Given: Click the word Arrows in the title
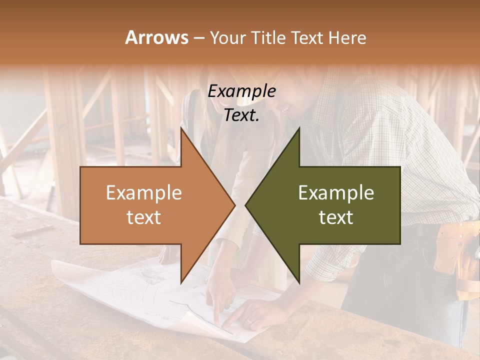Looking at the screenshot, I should click(156, 37).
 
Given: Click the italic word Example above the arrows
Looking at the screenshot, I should click(241, 91).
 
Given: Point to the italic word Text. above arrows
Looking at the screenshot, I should click(241, 115).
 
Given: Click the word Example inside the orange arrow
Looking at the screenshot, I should click(143, 193).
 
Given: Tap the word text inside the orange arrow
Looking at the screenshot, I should click(143, 217).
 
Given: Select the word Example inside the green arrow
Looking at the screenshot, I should click(336, 193).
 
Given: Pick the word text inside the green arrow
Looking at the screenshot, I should click(336, 217).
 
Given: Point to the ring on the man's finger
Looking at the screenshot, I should click(248, 321).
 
